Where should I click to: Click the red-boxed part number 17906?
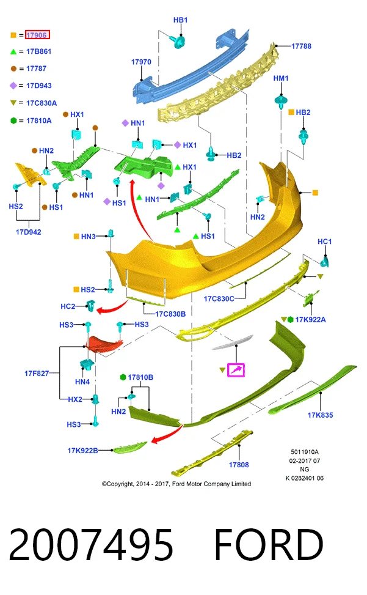37,35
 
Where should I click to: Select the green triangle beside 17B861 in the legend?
13,51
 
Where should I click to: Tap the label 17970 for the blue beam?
141,62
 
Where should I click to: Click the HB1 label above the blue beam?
180,20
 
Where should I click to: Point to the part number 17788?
301,46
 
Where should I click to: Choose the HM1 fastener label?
281,78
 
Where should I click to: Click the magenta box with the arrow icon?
236,369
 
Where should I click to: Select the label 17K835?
320,415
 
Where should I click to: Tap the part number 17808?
239,465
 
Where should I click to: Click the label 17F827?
37,374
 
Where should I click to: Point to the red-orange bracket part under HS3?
103,342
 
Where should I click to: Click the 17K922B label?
82,451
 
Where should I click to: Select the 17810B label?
140,377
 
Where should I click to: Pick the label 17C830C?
219,298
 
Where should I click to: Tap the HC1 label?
325,242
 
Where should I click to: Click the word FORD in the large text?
269,544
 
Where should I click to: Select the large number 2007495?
91,544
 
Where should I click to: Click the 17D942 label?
29,232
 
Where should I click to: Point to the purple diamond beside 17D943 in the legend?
13,86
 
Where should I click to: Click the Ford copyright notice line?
176,484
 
